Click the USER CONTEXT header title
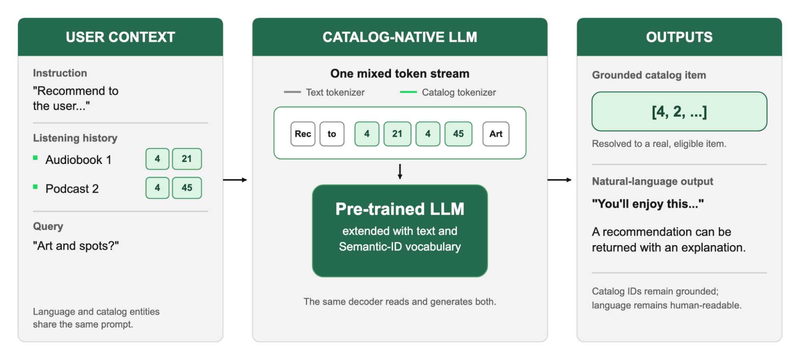[x=120, y=37]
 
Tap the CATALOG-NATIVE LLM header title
[x=400, y=37]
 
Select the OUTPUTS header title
[x=679, y=37]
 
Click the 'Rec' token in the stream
[x=303, y=134]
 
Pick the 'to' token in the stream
[x=332, y=134]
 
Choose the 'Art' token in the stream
[x=496, y=134]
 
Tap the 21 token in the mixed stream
[x=397, y=134]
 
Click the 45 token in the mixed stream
[x=458, y=134]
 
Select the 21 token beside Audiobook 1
[x=187, y=159]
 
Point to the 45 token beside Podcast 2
[x=187, y=188]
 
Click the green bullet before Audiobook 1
[x=35, y=158]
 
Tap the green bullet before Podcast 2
[x=35, y=187]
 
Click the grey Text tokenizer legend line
[x=292, y=92]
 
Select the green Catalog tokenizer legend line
[x=408, y=92]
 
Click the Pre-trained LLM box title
[x=400, y=209]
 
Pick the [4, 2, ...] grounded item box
[x=679, y=112]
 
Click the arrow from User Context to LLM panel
[x=235, y=180]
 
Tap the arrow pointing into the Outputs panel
[x=559, y=180]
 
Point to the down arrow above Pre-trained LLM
[x=400, y=171]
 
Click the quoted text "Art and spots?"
[x=76, y=246]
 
